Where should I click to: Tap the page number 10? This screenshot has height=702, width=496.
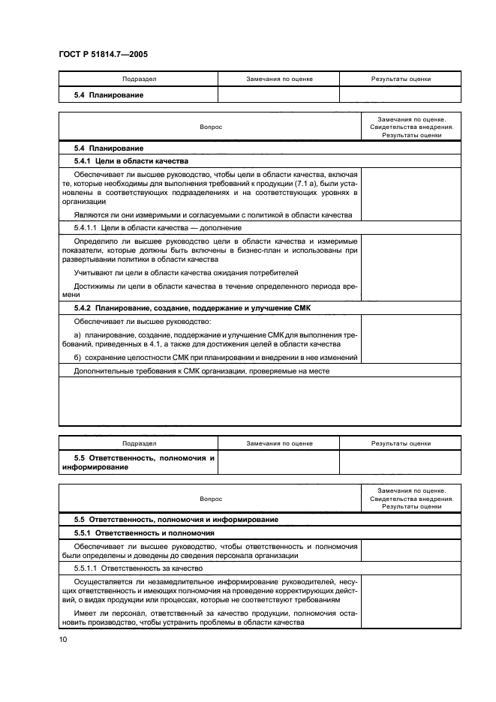click(x=64, y=638)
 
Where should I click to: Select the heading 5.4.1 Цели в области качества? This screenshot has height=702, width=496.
click(x=131, y=161)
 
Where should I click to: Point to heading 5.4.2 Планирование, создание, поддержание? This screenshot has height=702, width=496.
click(x=191, y=308)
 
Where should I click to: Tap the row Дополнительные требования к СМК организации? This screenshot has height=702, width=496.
click(x=202, y=370)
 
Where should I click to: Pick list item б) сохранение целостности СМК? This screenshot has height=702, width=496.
click(x=215, y=357)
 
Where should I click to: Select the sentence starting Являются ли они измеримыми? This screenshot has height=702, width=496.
click(x=213, y=214)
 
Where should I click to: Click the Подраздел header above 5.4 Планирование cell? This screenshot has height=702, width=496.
click(x=138, y=79)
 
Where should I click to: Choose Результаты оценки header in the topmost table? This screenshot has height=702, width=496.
click(x=401, y=79)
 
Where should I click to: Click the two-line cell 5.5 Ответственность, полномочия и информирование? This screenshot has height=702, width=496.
click(x=138, y=462)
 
